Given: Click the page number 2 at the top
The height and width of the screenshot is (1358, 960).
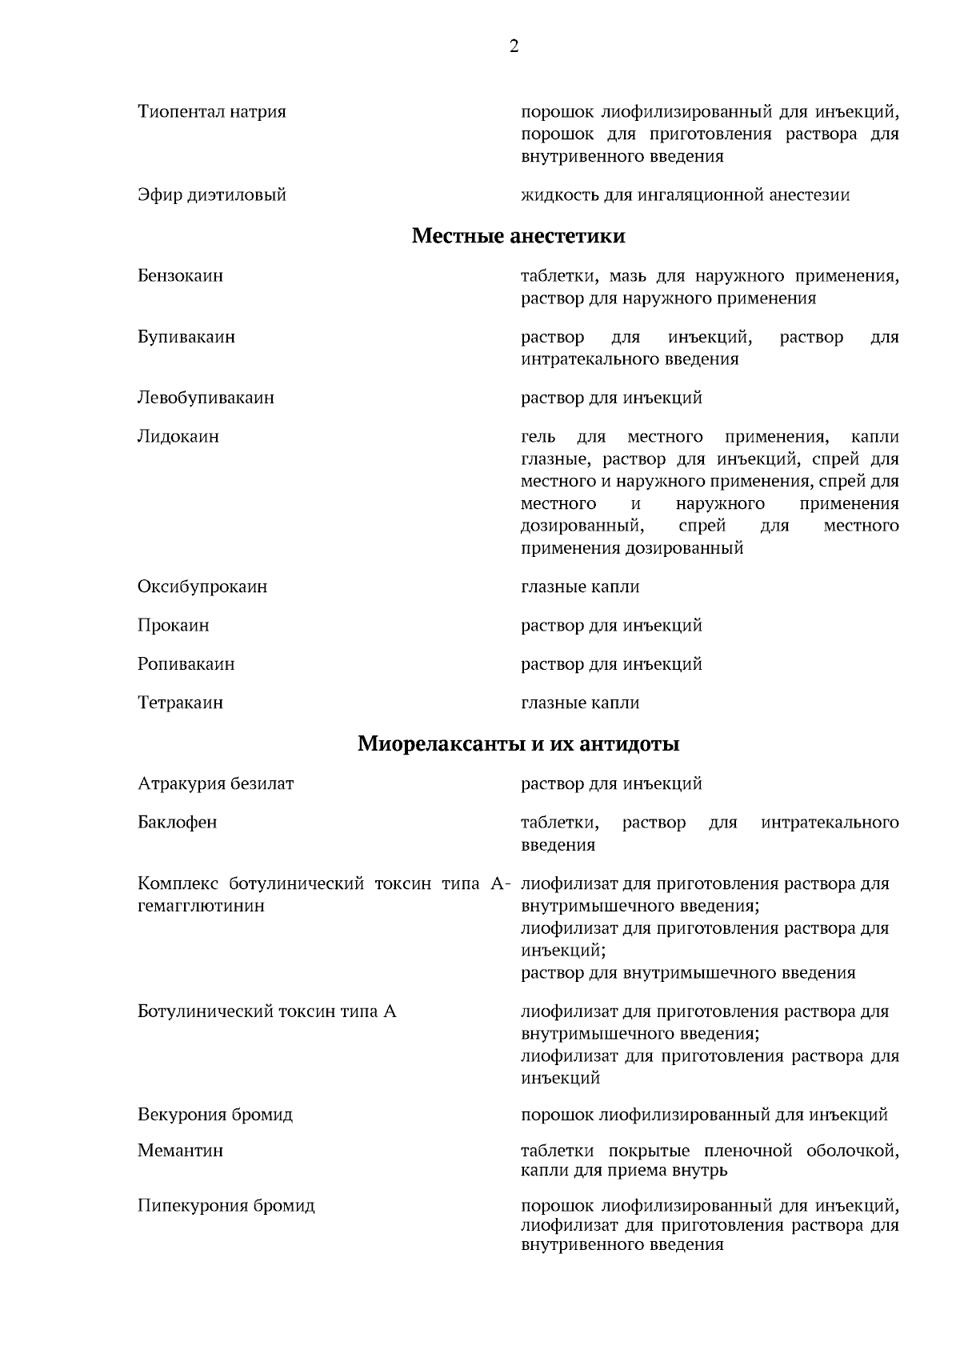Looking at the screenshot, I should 514,46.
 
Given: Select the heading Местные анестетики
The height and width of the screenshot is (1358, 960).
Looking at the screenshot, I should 518,236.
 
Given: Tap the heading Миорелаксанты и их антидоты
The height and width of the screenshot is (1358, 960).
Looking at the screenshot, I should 518,744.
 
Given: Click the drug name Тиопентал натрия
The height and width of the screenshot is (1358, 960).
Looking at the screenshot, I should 211,111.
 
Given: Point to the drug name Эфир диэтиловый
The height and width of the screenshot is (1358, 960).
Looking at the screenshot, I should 211,194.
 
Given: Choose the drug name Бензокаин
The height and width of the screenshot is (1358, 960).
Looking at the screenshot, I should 180,276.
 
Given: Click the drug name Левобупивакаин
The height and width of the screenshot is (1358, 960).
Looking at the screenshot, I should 206,398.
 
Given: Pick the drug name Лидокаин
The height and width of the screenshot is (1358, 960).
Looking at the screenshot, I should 178,437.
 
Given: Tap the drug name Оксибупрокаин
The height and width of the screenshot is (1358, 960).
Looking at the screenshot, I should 202,587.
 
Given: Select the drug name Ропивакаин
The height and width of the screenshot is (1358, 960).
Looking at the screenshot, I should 186,664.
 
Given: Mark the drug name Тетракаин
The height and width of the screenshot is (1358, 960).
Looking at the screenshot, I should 180,703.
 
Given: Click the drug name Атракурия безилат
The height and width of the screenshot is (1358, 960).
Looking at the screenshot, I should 215,783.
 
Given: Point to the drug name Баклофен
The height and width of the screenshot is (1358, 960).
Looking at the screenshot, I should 177,823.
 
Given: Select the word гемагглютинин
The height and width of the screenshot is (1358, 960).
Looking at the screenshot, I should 201,906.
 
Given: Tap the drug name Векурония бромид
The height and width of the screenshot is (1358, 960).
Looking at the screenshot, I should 214,1115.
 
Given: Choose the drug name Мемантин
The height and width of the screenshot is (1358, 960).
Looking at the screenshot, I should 180,1151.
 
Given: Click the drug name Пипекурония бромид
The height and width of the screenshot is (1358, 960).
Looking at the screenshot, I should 226,1205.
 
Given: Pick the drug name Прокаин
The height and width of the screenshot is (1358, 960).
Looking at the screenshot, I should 173,625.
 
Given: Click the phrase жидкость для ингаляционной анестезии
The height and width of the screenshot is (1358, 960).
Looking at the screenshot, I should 685,194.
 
